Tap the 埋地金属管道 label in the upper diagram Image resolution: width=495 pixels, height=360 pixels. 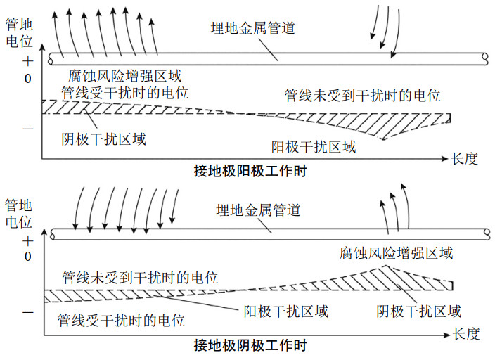coord(252,28)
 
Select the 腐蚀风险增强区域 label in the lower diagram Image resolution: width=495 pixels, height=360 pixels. coord(396,252)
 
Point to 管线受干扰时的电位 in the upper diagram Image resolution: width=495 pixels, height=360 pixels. coord(124,92)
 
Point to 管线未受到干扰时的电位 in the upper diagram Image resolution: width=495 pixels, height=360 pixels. coord(362,95)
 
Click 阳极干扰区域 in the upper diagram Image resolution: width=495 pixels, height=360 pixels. coord(314,147)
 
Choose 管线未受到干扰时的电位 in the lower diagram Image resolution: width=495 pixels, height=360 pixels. coord(140,277)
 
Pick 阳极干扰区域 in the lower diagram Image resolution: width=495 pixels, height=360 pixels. coord(285,310)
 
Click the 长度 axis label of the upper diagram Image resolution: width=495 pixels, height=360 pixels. coord(465,159)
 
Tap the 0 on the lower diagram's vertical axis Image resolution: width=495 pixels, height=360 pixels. coord(27,257)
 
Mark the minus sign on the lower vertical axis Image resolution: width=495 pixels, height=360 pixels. coord(27,310)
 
